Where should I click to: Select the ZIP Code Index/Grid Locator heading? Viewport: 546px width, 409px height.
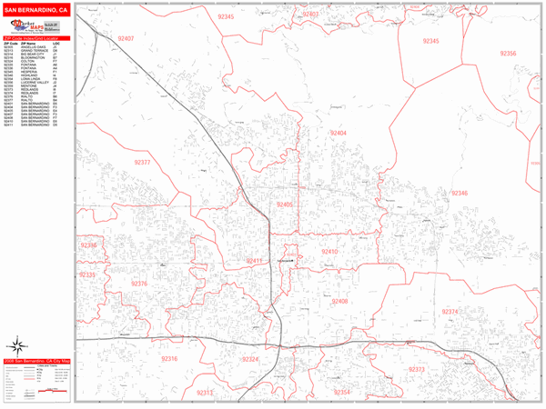click(36, 38)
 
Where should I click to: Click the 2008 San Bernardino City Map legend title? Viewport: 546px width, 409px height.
click(36, 360)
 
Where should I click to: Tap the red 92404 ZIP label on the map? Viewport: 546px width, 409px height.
click(339, 134)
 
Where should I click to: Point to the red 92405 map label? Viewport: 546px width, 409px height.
click(286, 205)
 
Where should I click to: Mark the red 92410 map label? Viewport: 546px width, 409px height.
click(329, 252)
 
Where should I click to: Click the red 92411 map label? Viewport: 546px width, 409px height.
click(254, 261)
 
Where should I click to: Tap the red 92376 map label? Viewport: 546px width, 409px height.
click(139, 284)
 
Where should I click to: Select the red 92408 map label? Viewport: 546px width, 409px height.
click(339, 301)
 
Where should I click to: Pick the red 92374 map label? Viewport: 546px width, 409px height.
click(450, 312)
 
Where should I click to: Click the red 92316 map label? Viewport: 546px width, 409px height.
click(168, 359)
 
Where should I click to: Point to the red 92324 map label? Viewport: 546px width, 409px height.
click(250, 360)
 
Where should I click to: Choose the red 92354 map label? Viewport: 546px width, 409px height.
click(341, 392)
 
